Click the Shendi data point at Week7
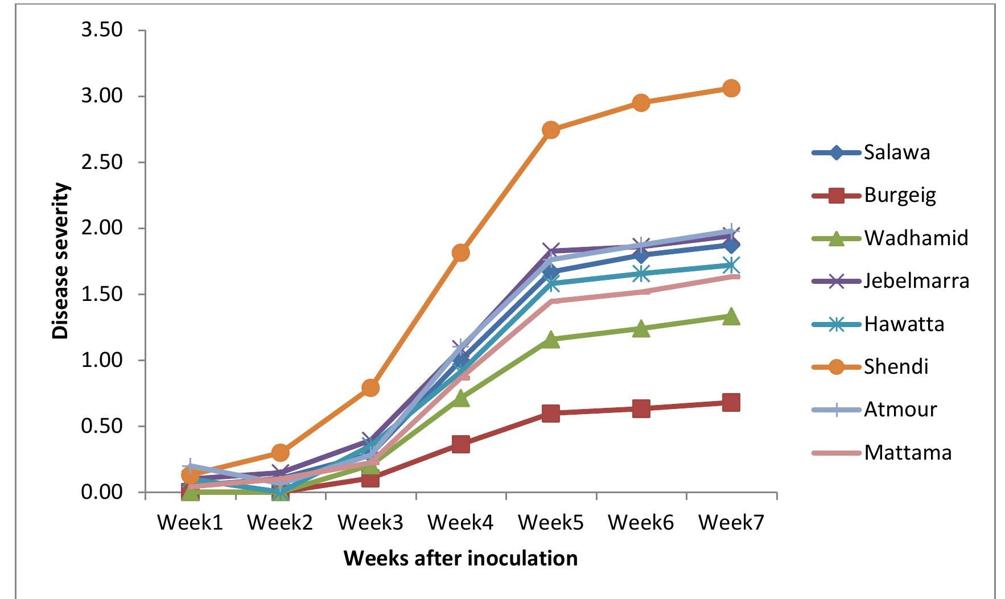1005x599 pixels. tap(731, 88)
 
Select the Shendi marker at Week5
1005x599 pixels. tap(550, 130)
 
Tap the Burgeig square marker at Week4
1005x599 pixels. tap(460, 444)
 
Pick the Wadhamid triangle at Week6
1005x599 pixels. tap(641, 329)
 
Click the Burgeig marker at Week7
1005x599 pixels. tap(731, 403)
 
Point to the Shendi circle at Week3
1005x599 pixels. tap(370, 388)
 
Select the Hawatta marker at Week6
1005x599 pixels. tap(641, 274)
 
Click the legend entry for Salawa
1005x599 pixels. tap(896, 152)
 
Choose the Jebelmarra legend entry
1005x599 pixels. tap(916, 280)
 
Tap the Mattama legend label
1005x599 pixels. tap(907, 453)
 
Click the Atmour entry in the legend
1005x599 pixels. tap(900, 410)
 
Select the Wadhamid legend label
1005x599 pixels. tap(916, 237)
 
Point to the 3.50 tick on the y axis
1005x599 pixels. tap(102, 30)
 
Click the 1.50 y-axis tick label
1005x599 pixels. tap(102, 295)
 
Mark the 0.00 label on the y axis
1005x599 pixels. tap(102, 493)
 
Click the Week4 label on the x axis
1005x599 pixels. tap(460, 523)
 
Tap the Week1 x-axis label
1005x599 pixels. tap(190, 523)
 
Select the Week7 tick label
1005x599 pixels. tap(731, 523)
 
